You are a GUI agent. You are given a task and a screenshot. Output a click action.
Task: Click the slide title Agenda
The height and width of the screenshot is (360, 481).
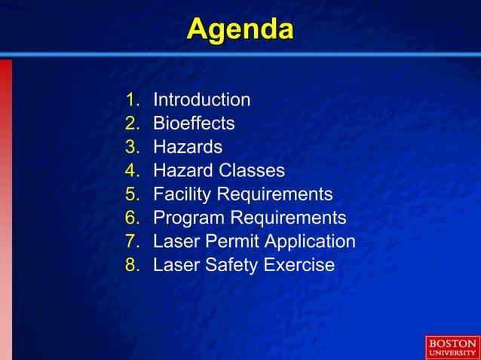point(240,30)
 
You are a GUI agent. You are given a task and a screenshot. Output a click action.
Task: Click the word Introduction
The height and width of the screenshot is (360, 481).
point(201,99)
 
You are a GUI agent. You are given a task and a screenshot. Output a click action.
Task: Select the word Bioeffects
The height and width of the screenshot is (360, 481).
point(194,123)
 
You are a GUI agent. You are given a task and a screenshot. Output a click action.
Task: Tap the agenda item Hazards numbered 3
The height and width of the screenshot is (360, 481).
point(188,147)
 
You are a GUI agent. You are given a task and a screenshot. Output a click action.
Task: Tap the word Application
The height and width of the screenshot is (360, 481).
point(308,242)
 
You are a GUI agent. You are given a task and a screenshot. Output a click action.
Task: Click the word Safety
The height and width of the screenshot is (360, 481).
point(228,265)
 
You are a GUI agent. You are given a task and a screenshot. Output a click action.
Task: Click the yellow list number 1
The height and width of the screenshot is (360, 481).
point(133,99)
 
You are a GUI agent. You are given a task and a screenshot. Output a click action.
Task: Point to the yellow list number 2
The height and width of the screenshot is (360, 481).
point(133,123)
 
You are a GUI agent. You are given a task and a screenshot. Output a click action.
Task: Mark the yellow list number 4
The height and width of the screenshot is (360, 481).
point(133,171)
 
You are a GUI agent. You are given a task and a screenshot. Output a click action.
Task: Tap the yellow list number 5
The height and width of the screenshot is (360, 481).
point(133,194)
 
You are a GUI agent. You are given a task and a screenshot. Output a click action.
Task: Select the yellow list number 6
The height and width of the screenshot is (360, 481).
point(133,218)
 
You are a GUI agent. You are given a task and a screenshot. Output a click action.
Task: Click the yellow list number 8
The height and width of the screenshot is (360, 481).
point(133,265)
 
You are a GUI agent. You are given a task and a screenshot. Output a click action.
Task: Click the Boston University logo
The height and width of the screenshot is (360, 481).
point(452,347)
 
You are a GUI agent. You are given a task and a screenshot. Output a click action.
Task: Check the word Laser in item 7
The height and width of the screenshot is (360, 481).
point(174,242)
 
